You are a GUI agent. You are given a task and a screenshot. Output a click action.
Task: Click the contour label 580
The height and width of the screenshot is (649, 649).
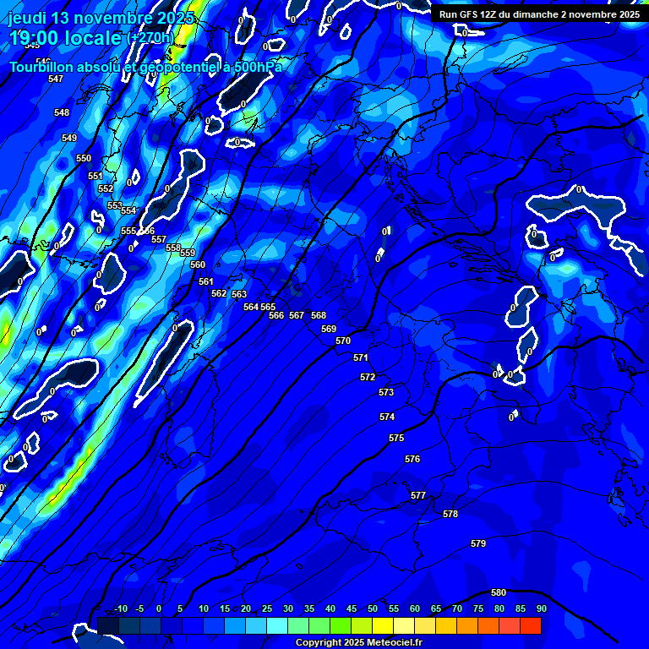[499, 592]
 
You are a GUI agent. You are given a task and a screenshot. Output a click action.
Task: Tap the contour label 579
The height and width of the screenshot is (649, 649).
[478, 543]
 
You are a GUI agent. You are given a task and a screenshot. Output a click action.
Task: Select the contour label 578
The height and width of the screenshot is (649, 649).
[450, 514]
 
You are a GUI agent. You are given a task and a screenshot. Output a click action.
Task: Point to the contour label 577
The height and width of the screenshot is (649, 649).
[418, 495]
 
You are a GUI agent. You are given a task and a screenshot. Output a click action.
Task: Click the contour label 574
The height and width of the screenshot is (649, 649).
[387, 417]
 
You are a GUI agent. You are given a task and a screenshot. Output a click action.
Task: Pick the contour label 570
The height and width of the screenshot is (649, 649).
[343, 341]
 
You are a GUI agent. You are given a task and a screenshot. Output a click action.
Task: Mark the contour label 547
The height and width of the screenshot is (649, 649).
[56, 79]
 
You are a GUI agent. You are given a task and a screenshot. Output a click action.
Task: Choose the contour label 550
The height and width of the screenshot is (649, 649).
[84, 158]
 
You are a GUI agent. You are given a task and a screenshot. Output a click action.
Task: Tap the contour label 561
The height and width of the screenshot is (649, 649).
[206, 281]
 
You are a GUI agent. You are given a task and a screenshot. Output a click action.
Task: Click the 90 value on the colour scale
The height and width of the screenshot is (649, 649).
[541, 608]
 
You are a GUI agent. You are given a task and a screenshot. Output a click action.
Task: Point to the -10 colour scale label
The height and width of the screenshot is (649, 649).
[120, 608]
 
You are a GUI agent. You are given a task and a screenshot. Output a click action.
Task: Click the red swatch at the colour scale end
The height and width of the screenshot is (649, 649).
[531, 625]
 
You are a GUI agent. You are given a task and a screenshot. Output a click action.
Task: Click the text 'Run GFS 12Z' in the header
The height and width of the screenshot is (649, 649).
[468, 14]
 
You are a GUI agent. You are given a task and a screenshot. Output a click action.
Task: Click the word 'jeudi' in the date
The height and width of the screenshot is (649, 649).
[26, 18]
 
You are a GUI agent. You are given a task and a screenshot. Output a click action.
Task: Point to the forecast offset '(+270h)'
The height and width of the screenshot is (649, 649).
[150, 38]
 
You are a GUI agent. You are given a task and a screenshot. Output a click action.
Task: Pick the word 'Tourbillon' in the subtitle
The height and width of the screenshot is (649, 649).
[42, 67]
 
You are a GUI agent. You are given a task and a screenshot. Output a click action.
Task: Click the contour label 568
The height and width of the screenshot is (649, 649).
[319, 315]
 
